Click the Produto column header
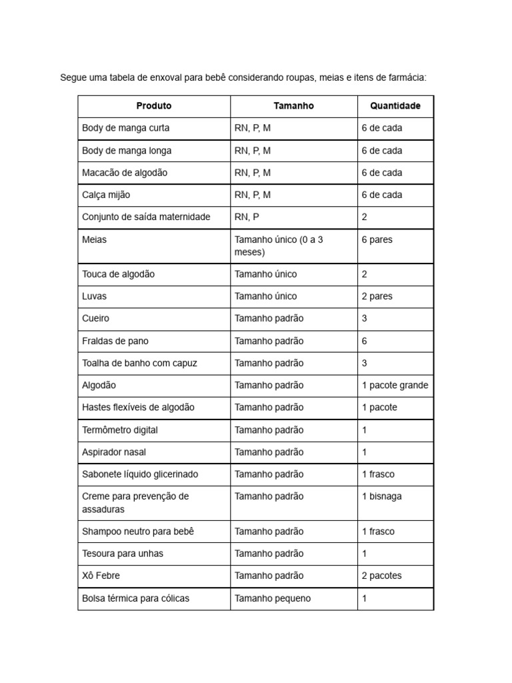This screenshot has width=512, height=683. pos(154,106)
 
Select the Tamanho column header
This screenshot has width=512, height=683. pos(293,106)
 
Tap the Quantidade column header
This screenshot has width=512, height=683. pos(395,106)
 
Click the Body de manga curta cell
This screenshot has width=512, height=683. pos(126,128)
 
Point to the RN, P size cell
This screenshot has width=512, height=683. pos(246,217)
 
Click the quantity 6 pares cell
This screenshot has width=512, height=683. pos(377,239)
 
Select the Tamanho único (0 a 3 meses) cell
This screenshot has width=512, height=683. pos(279,245)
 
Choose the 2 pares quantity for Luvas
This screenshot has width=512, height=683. pos(377,296)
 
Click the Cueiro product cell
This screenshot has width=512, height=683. pos(96,318)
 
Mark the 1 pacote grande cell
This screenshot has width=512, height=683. pos(395,385)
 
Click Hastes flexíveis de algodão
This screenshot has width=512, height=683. pos(139,407)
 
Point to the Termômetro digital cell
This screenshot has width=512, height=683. pos(120,430)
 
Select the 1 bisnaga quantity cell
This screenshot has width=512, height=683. pos(381,496)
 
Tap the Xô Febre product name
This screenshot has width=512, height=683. pos(101,575)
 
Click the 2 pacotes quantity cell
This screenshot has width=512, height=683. pos(381,575)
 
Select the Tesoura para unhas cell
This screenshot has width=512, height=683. pos(123,553)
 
